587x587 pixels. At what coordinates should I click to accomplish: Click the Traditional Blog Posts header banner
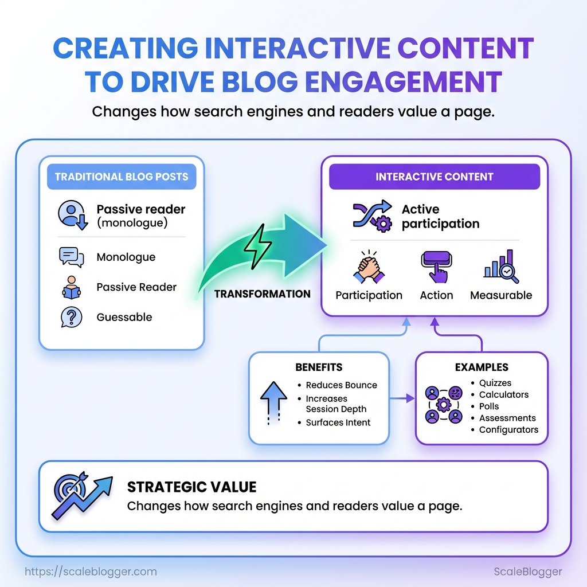tap(122, 177)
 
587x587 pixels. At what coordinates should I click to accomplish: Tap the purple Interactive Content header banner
tap(434, 177)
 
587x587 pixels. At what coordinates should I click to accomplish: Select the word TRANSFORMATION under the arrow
tap(263, 294)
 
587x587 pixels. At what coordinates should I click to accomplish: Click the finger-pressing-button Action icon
tap(436, 267)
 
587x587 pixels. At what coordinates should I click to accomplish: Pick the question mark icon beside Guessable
tap(71, 317)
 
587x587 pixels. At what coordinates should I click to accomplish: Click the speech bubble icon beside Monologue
tap(71, 257)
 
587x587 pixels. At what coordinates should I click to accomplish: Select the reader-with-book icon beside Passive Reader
tap(71, 287)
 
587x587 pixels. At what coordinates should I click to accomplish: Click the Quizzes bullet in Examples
tap(495, 383)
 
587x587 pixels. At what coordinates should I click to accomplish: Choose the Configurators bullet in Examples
tap(508, 430)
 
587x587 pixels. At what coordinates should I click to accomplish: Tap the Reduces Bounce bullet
tap(341, 385)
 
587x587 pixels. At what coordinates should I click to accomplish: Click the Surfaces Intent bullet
tap(338, 422)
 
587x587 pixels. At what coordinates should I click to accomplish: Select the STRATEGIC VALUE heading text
tap(191, 487)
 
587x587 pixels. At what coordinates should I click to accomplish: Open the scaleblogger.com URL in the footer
tap(92, 572)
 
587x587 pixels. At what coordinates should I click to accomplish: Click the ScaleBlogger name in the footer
tap(528, 572)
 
